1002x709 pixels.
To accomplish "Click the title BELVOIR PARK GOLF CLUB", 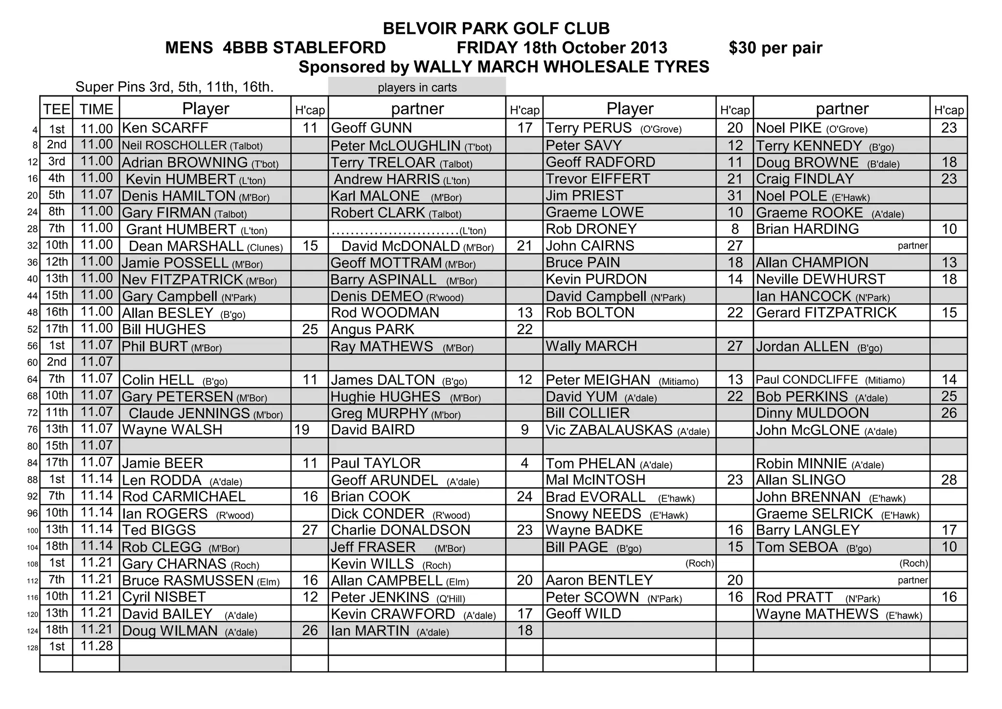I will point(496,28).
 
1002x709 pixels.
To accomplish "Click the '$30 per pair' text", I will point(775,48).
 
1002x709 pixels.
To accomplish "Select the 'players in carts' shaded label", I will point(417,88).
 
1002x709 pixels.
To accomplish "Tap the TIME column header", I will point(96,109).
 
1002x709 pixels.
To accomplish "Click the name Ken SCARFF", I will point(165,128).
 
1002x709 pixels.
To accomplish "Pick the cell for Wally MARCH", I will point(592,346).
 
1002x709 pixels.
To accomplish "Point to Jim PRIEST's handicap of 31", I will point(735,196).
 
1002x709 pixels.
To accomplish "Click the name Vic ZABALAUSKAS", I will point(609,430).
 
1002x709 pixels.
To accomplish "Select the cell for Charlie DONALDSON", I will point(401,530).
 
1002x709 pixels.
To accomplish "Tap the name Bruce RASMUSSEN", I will point(188,581).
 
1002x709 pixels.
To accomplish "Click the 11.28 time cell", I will point(96,646).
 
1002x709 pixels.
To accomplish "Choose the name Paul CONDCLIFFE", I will point(807,380).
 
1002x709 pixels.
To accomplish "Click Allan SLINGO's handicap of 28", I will point(949,480).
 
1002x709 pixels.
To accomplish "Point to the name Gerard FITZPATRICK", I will point(826,313).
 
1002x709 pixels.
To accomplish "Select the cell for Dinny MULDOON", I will point(813,413).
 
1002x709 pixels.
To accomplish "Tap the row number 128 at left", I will point(32,648).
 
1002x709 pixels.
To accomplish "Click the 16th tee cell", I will point(57,312).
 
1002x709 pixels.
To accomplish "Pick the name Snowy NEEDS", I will point(593,514).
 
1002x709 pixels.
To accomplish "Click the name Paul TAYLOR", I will point(376,463).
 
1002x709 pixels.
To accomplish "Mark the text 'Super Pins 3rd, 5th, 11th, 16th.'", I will point(174,87).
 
